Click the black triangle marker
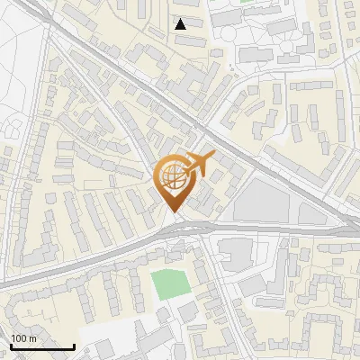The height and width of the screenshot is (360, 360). pos(181,24)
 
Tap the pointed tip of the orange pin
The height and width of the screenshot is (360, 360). pos(173,212)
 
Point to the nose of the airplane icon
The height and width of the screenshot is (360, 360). pos(212,157)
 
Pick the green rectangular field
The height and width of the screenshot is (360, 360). pos(169,284)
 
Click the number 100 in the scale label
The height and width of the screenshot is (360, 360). pos(19,337)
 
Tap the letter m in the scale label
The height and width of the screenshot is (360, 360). pos(32,337)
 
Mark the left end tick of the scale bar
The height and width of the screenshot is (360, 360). pos(11,345)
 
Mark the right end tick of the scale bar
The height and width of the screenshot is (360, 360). pos(74,345)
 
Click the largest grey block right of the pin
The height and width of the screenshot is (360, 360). pos(262,200)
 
